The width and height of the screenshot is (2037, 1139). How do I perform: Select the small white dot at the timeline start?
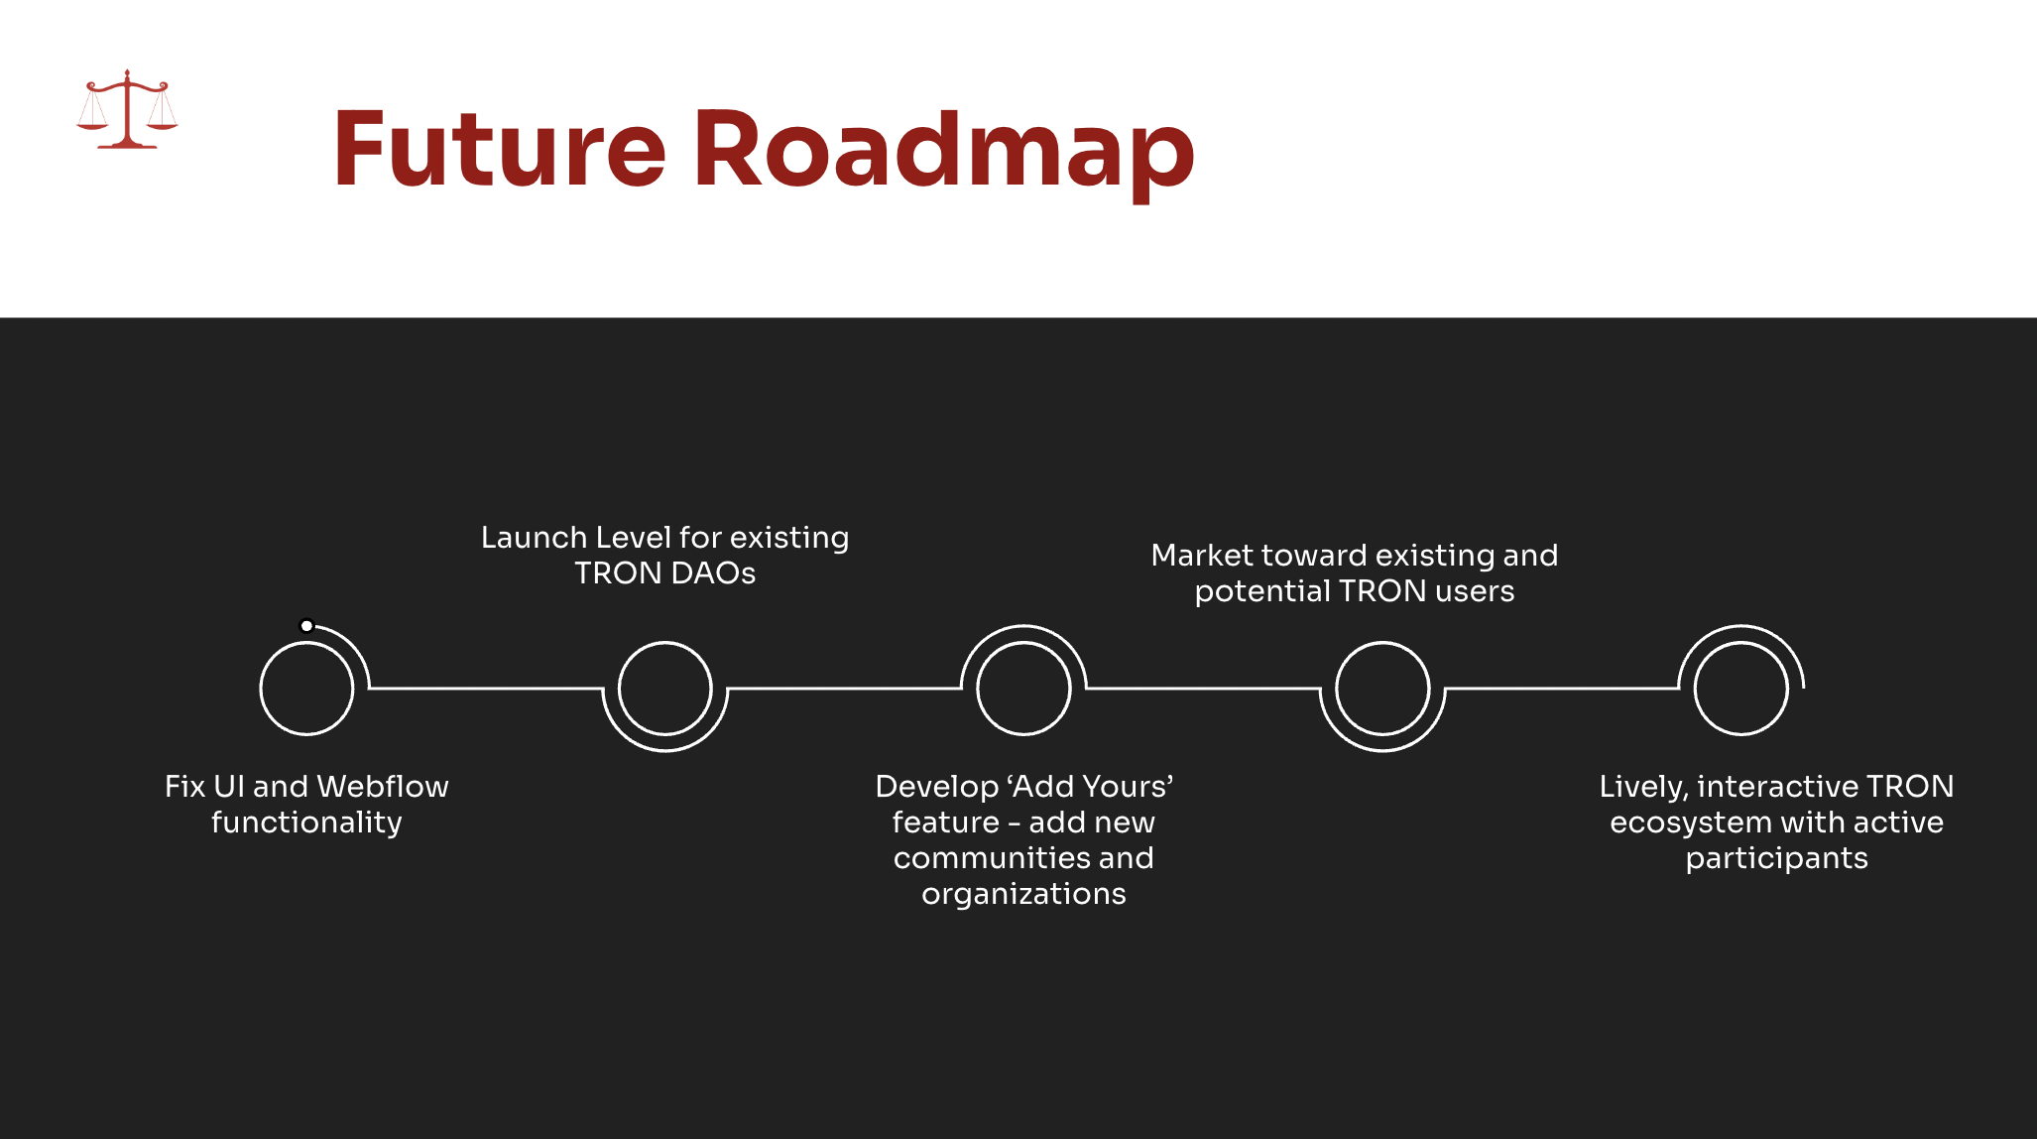pos(307,626)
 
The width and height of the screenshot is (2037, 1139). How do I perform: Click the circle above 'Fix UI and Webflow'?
pos(306,688)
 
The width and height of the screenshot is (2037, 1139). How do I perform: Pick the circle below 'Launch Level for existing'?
pos(665,688)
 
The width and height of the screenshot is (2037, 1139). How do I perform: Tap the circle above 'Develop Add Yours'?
pos(1023,688)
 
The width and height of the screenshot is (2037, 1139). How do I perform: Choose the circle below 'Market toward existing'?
pos(1382,688)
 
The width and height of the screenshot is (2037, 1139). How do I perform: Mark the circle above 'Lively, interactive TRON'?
pos(1740,688)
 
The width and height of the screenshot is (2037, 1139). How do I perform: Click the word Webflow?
pos(383,787)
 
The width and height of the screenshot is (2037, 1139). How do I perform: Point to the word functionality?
pos(306,823)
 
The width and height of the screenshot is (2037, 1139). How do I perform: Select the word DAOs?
pos(713,573)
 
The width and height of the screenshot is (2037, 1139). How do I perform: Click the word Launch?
pos(534,538)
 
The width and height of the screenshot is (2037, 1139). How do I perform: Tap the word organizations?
pos(1023,894)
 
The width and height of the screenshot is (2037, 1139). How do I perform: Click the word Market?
pos(1202,556)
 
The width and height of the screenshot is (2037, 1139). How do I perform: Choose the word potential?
pos(1261,591)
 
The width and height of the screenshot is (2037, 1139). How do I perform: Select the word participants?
pos(1776,858)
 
